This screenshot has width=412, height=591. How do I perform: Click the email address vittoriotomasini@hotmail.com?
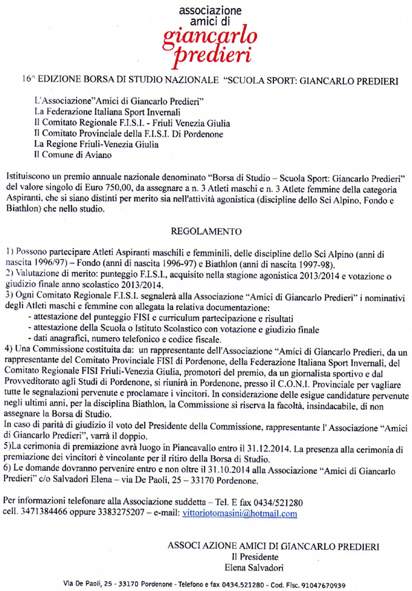240,514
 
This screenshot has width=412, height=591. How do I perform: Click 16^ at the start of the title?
29,81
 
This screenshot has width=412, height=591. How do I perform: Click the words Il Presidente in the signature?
254,555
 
